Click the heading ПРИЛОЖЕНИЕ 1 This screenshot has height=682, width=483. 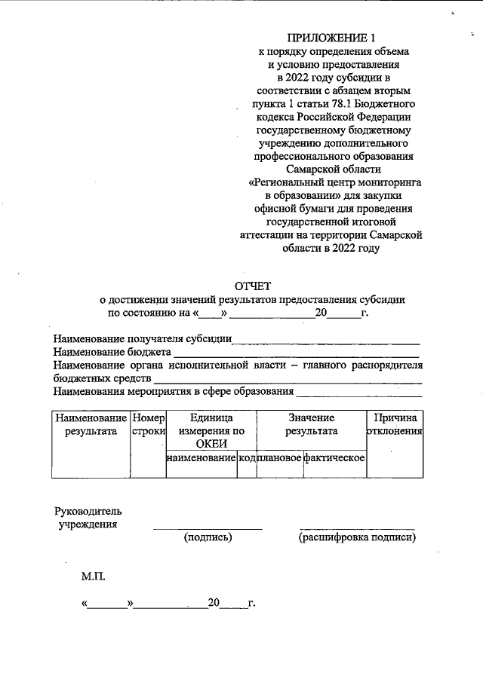(331, 37)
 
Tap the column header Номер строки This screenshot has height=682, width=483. (148, 424)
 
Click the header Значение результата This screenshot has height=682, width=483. (311, 424)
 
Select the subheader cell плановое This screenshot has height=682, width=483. (279, 458)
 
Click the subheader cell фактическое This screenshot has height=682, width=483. (334, 458)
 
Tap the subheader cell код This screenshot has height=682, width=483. (247, 458)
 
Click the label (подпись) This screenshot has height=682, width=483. (208, 537)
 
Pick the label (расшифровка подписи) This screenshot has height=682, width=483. (357, 537)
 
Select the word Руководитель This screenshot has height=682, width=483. (88, 512)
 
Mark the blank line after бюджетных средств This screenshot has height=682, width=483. (287, 381)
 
